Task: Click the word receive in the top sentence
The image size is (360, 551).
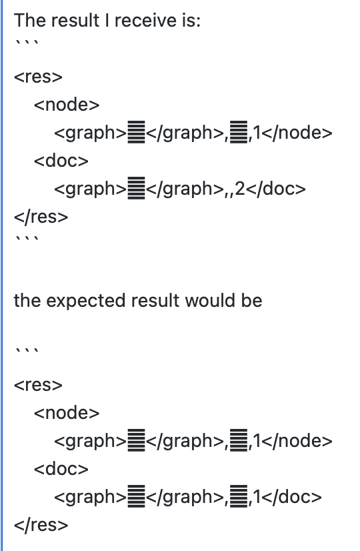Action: click(145, 20)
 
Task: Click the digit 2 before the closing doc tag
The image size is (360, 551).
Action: click(240, 189)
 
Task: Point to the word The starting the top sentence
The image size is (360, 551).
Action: click(30, 20)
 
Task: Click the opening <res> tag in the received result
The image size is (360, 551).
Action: click(38, 77)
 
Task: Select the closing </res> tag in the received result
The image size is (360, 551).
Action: click(41, 216)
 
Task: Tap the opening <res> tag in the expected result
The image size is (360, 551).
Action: click(38, 385)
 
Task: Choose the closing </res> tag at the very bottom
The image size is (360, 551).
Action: click(41, 524)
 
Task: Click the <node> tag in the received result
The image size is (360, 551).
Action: click(67, 104)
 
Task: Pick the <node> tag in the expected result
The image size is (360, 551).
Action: click(67, 412)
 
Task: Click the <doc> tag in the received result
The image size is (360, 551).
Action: click(61, 161)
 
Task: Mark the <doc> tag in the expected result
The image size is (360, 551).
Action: click(61, 469)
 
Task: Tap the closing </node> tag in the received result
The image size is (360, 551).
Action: click(297, 133)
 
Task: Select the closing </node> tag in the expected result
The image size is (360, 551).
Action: click(297, 441)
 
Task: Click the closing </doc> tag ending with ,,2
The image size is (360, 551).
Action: click(275, 189)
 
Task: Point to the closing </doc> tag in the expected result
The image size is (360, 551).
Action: click(291, 497)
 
